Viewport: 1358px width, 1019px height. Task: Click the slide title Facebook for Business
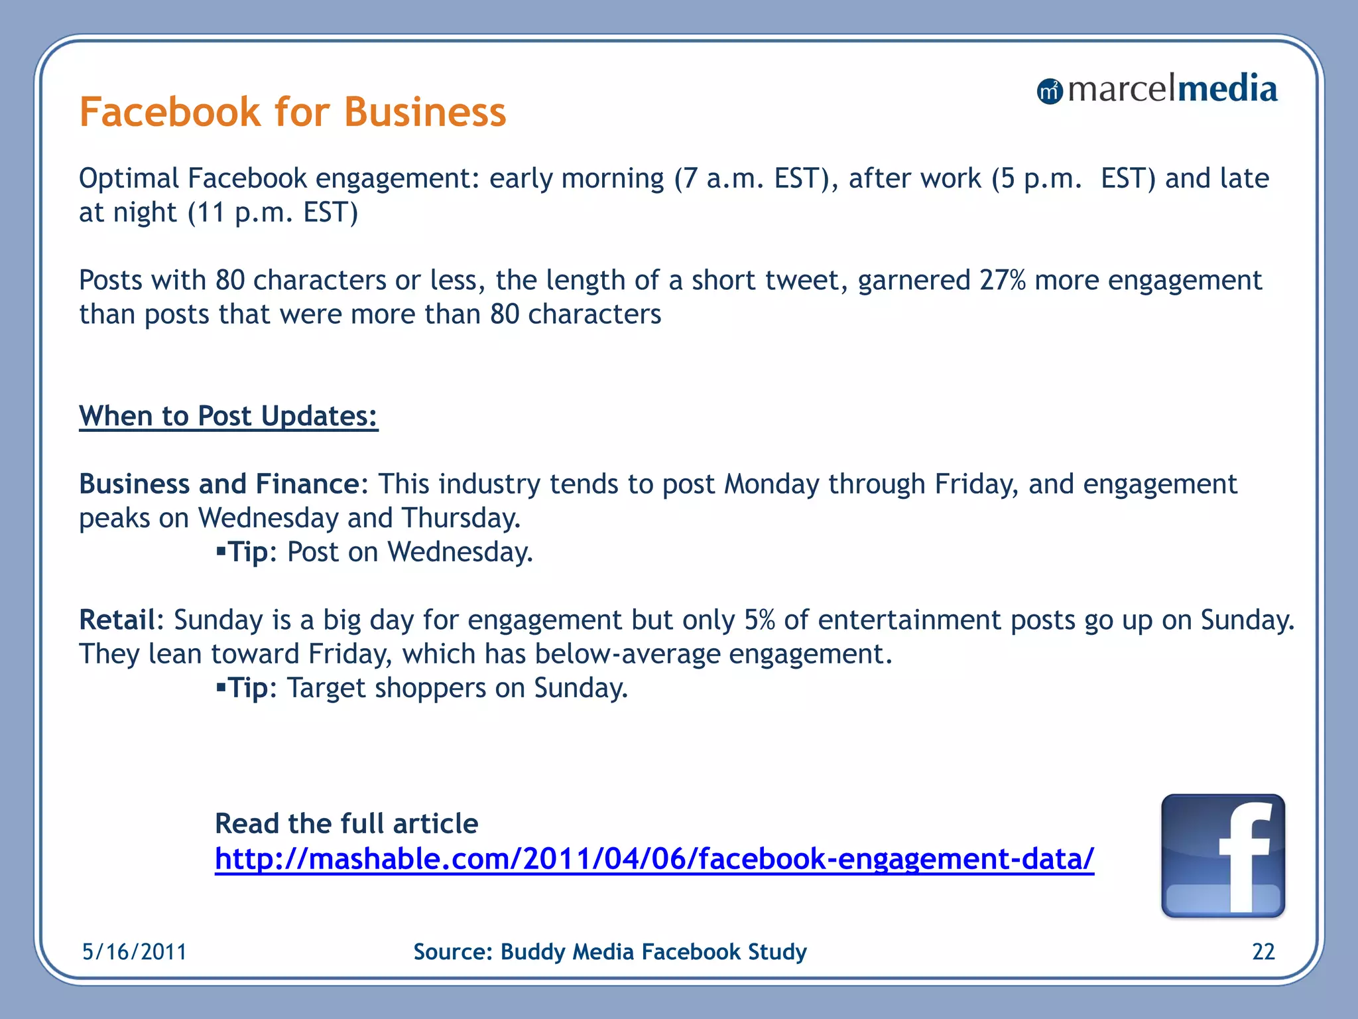tap(292, 111)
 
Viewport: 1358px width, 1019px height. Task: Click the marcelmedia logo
tap(1157, 90)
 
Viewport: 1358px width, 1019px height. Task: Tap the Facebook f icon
tap(1223, 856)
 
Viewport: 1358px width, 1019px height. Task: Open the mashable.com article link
tap(654, 858)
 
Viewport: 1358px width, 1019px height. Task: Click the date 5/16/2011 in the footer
tap(135, 952)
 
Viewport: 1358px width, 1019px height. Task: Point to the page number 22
tap(1263, 952)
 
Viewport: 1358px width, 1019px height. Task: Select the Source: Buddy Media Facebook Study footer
tap(610, 952)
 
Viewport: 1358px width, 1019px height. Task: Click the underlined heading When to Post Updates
tap(228, 417)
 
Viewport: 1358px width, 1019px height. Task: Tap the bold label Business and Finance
tap(219, 484)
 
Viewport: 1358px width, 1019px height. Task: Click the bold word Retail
tap(117, 620)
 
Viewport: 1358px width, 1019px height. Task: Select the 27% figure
tap(1002, 281)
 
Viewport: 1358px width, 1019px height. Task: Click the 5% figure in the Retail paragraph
tap(759, 620)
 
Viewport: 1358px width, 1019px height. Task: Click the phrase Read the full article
tap(346, 824)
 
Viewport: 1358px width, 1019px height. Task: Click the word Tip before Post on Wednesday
tap(248, 553)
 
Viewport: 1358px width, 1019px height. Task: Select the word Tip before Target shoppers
tap(248, 689)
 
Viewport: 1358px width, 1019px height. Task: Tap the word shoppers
tap(430, 689)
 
